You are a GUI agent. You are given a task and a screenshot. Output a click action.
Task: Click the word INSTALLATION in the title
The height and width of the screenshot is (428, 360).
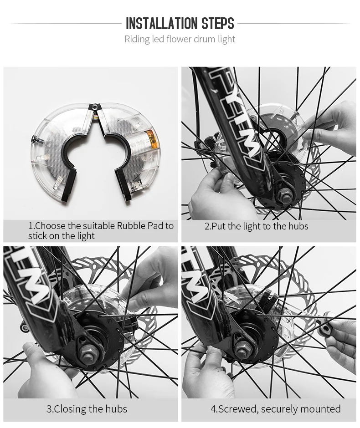click(x=162, y=24)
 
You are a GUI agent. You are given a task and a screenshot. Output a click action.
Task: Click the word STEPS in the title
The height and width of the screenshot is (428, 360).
click(x=218, y=24)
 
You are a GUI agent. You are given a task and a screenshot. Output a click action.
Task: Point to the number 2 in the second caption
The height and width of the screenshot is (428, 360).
click(x=207, y=226)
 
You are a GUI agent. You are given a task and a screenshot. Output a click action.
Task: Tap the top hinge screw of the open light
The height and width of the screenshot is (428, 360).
click(x=94, y=107)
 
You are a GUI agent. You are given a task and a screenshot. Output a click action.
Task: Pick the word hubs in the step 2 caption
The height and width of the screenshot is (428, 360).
click(x=298, y=226)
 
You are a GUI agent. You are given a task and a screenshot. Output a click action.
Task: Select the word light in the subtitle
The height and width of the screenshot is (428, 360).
click(x=226, y=39)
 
